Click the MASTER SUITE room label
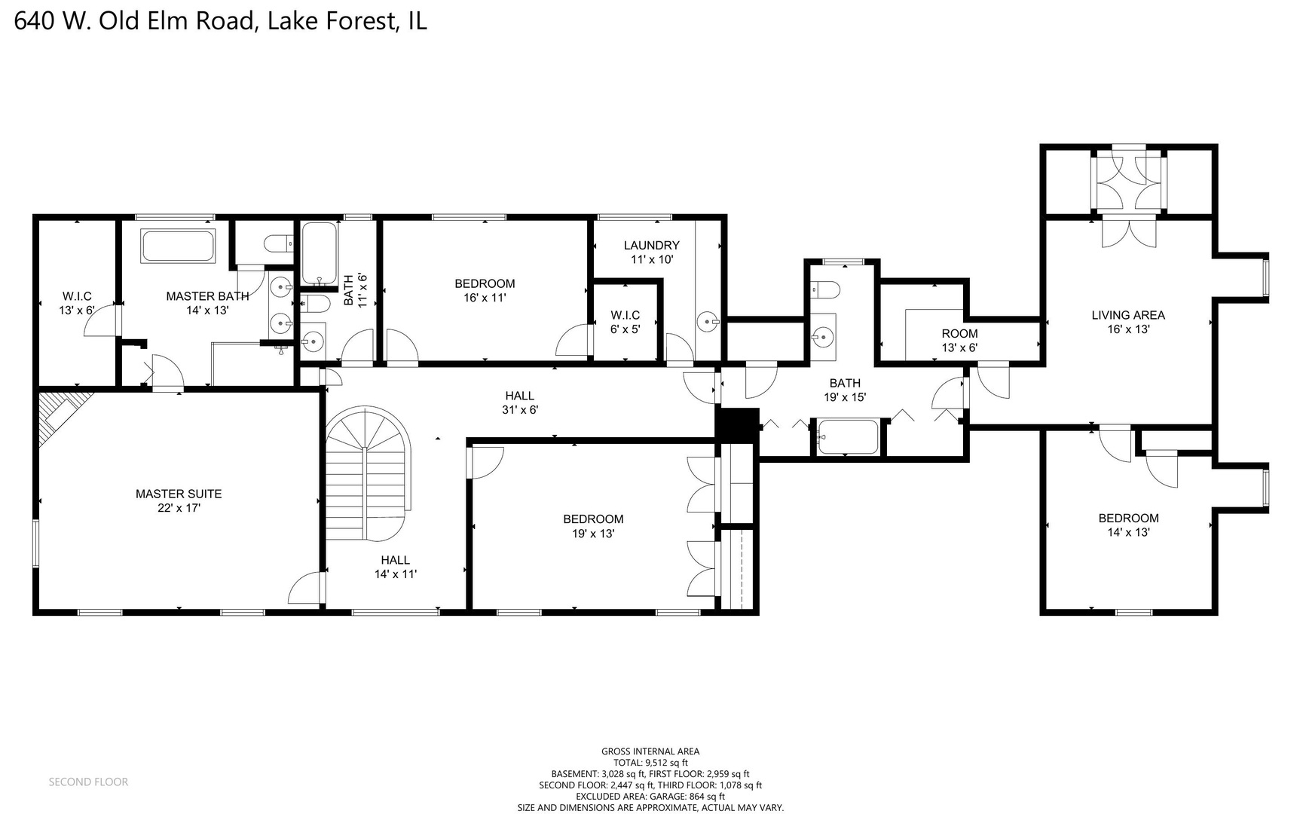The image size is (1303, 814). click(179, 494)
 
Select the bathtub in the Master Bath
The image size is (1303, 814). click(179, 246)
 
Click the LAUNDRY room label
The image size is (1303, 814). click(651, 245)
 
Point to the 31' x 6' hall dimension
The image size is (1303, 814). click(519, 410)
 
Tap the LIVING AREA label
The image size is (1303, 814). click(1127, 315)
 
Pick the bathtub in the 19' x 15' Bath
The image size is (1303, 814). click(848, 437)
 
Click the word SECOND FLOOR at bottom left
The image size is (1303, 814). click(88, 782)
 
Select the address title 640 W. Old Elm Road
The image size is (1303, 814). click(220, 20)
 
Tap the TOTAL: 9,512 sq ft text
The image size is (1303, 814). click(650, 762)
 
